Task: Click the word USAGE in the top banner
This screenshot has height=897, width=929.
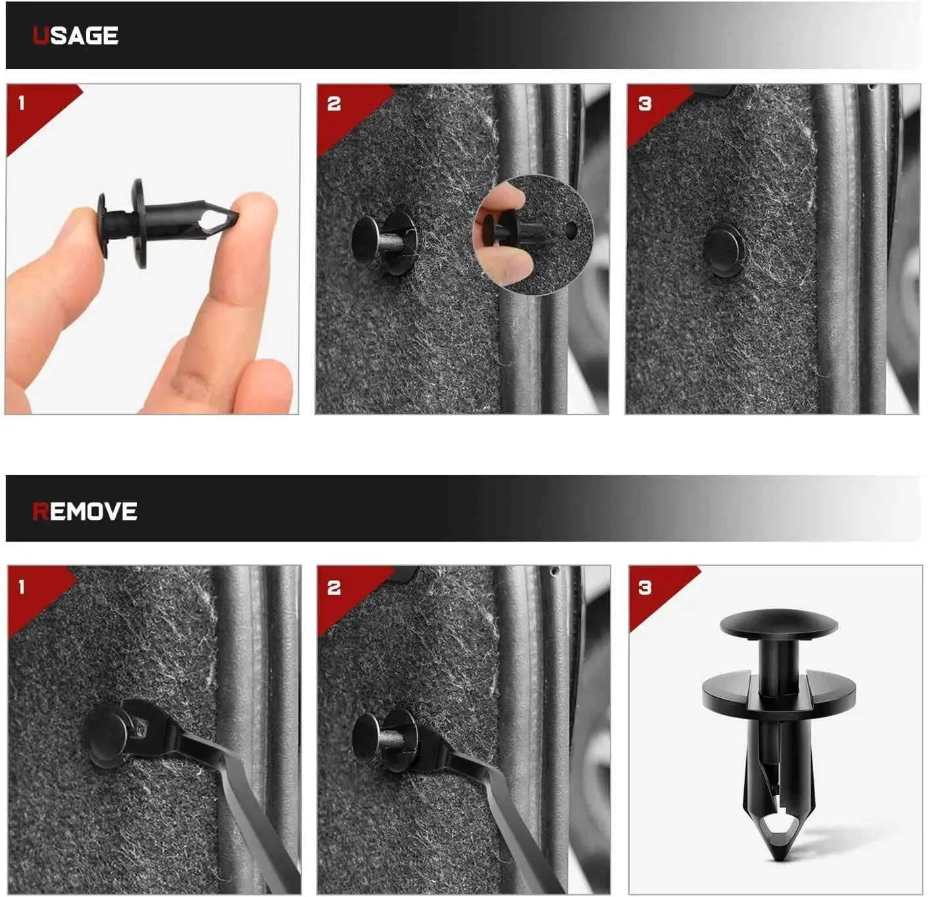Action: pos(76,36)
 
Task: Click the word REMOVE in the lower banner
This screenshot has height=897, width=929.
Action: pos(84,511)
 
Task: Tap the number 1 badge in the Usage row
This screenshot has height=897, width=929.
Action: pos(22,103)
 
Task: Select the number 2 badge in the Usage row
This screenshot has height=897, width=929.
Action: pos(334,103)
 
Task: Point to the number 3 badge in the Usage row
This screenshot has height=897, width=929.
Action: pos(645,103)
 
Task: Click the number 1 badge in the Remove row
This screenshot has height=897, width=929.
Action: pos(22,587)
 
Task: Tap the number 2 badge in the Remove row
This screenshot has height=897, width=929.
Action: pos(334,587)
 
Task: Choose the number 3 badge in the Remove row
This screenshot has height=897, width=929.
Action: pos(645,587)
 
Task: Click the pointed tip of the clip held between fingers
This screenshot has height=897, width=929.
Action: pos(237,214)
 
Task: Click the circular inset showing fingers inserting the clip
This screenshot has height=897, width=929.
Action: pos(533,234)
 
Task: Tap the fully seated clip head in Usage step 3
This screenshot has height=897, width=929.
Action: pos(724,251)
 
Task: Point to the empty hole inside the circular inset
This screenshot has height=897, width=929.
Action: pos(571,231)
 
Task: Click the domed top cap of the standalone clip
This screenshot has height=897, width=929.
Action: pos(778,624)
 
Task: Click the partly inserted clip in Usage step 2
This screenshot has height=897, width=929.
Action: pos(384,243)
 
